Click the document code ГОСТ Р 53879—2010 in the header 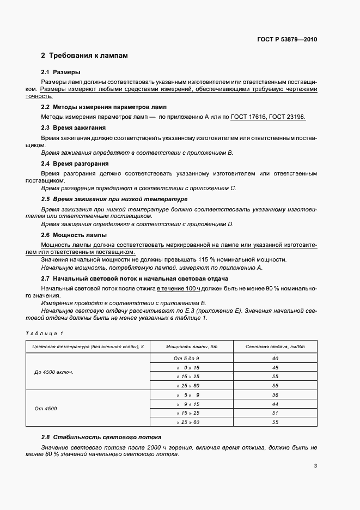pyautogui.click(x=287, y=40)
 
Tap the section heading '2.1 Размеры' pyautogui.click(x=61, y=72)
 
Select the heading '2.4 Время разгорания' pyautogui.click(x=75, y=163)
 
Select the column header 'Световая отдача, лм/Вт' pyautogui.click(x=275, y=347)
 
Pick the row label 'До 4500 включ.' pyautogui.click(x=54, y=372)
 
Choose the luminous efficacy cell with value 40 pyautogui.click(x=275, y=359)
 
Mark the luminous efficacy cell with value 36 pyautogui.click(x=275, y=394)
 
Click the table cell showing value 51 pyautogui.click(x=275, y=413)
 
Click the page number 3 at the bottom pyautogui.click(x=315, y=466)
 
